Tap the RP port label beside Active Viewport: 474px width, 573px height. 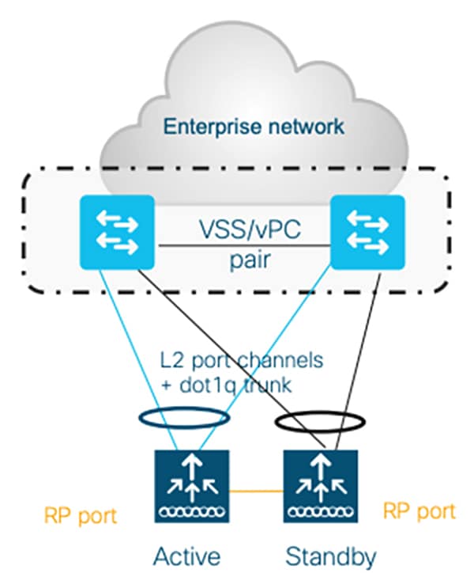[81, 516]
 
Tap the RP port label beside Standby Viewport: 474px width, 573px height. [419, 510]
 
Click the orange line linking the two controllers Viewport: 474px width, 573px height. [256, 491]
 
